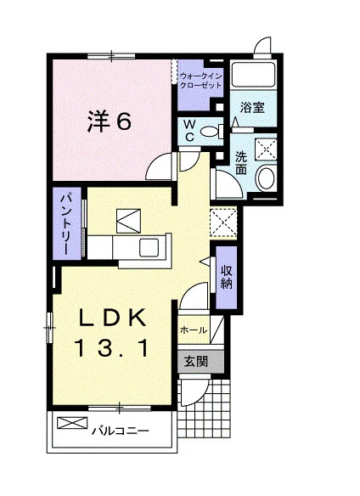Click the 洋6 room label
109,121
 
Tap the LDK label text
113,318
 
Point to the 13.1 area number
112,347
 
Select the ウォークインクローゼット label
200,81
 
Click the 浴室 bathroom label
252,108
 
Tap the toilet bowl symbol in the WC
211,131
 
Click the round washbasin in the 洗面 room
266,178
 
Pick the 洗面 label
241,163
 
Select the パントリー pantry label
67,224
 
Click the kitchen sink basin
149,247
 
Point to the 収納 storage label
227,278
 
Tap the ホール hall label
194,330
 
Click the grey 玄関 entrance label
196,361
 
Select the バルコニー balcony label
121,431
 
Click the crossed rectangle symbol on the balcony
72,423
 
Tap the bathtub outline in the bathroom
253,75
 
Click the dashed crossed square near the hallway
223,222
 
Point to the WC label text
189,131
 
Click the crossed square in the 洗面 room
266,149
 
